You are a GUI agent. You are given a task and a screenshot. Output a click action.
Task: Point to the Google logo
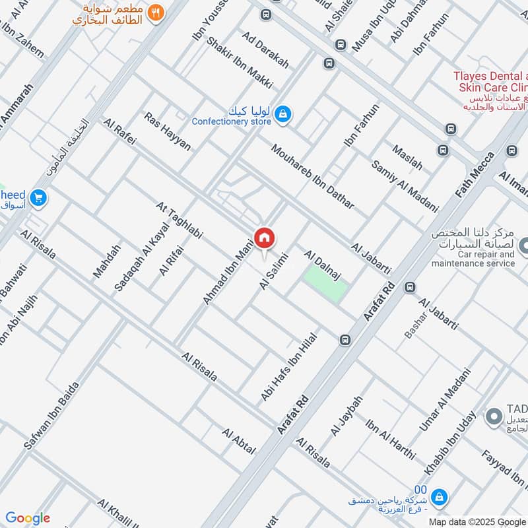[x=28, y=518]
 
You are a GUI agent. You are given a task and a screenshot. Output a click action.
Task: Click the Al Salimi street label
[x=275, y=271]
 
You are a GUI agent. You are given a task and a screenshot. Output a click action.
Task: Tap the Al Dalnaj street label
[x=326, y=265]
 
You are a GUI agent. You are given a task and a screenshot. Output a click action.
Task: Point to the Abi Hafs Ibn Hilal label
[x=290, y=366]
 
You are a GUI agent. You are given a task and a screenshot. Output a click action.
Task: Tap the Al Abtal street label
[x=238, y=442]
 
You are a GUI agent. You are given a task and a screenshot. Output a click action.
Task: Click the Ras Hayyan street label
[x=167, y=131]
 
